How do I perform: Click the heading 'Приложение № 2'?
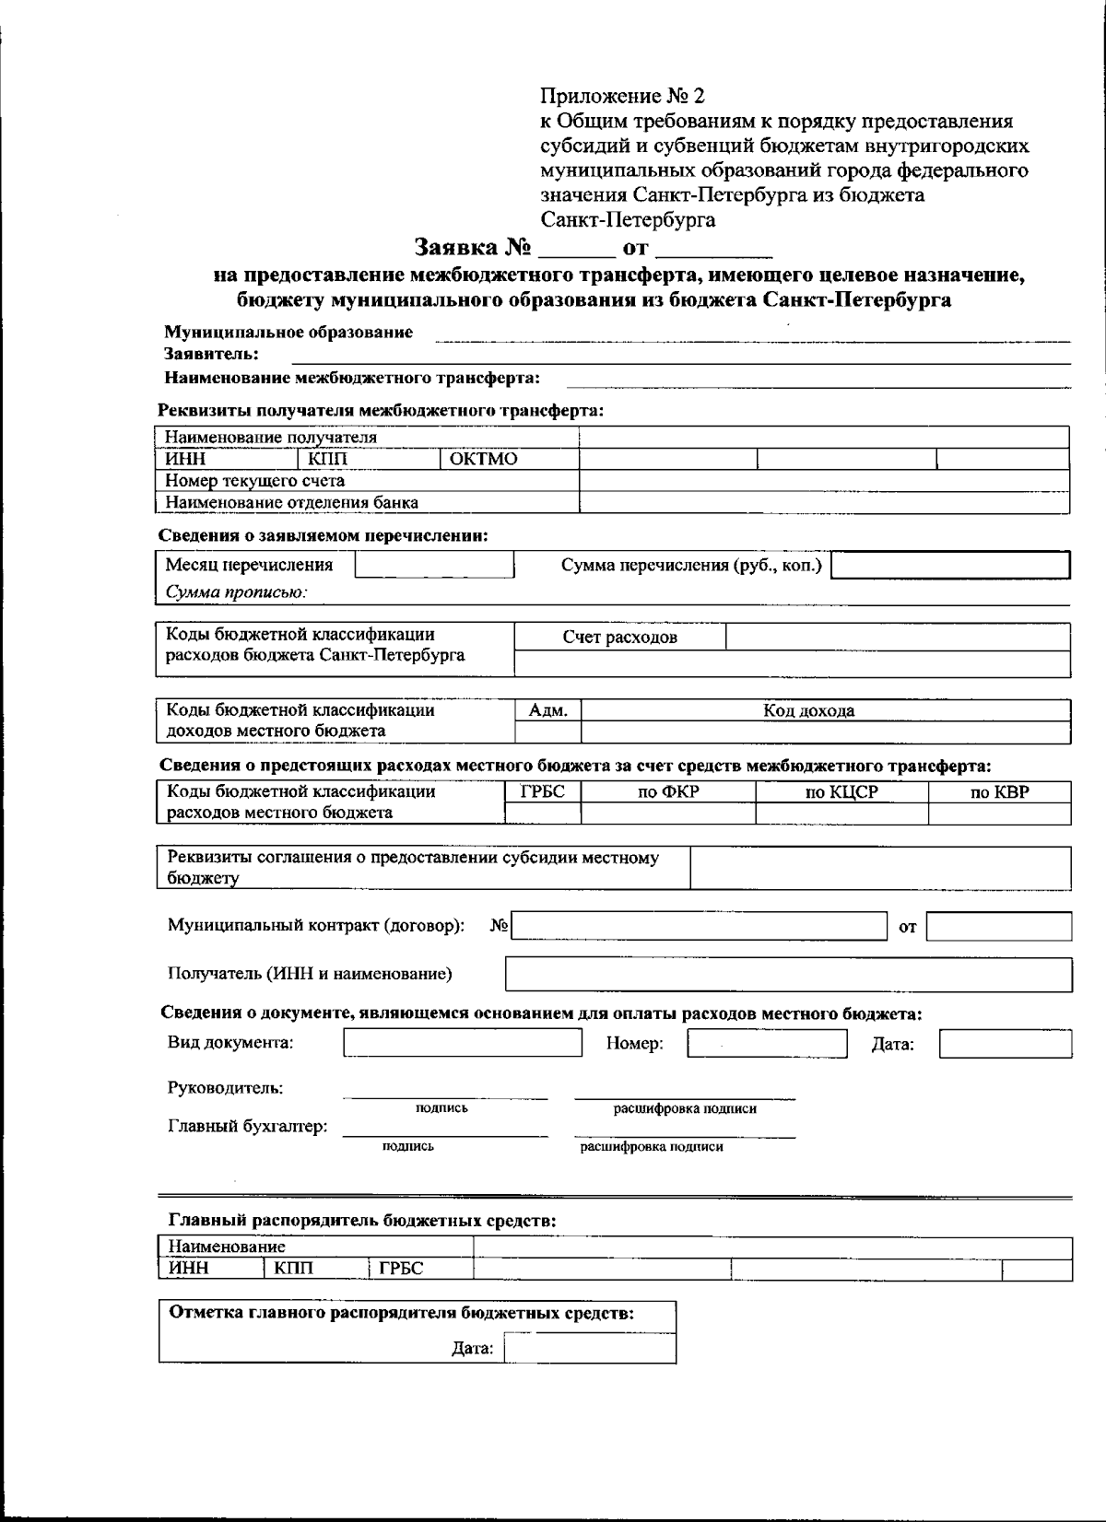click(x=622, y=96)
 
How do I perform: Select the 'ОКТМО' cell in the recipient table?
click(x=484, y=459)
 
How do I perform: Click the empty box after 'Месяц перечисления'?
click(x=434, y=565)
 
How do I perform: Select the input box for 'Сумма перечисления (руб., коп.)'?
click(x=950, y=565)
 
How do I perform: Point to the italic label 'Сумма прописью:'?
click(x=236, y=592)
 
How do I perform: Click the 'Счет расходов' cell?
click(x=619, y=637)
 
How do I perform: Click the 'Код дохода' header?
click(x=808, y=710)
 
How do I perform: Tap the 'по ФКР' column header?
click(x=668, y=791)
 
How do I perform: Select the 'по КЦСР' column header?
click(x=841, y=791)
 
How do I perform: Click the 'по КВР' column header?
click(x=999, y=791)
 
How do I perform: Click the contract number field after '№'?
click(x=698, y=926)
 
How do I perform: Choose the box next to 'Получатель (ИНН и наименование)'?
click(x=788, y=974)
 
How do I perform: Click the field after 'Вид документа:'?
click(x=463, y=1043)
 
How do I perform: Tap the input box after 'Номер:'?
click(x=767, y=1043)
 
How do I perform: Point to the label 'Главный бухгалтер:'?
click(x=248, y=1126)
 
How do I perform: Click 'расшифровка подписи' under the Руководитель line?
click(x=685, y=1108)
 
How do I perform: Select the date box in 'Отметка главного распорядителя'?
click(x=589, y=1349)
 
